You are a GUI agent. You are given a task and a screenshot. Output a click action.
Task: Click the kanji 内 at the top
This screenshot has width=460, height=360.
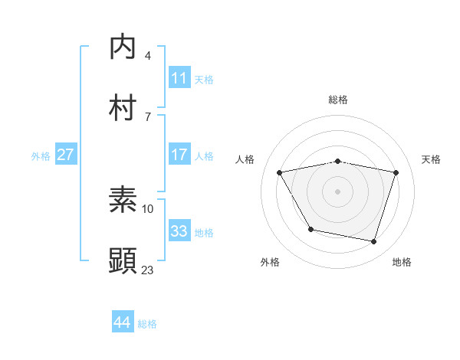point(123,47)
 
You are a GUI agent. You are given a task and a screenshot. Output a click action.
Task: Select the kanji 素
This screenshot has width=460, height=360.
point(123,201)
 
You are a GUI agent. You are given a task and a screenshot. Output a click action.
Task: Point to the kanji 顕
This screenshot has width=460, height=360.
point(123,260)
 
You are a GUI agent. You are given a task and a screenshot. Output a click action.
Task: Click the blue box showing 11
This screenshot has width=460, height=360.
point(179,78)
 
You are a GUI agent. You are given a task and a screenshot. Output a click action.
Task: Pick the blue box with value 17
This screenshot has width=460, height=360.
point(179,155)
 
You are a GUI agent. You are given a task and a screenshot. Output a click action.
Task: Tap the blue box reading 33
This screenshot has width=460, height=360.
point(179,231)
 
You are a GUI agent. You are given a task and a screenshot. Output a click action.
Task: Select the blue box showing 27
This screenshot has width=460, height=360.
point(65,155)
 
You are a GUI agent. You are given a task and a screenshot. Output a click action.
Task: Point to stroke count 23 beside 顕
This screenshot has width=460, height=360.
point(147,270)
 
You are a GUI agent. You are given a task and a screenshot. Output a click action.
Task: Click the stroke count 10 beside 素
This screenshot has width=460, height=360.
point(148,208)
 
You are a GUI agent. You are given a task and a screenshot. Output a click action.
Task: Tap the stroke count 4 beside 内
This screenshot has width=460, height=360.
point(148,55)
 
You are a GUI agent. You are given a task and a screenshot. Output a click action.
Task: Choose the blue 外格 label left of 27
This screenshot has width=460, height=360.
point(41,155)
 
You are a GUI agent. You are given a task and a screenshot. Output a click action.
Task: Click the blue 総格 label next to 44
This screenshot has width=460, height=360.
point(147,323)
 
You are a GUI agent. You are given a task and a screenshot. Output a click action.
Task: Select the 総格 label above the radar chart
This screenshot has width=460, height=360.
point(337,100)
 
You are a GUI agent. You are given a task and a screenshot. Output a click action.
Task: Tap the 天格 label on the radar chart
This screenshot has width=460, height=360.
point(432,159)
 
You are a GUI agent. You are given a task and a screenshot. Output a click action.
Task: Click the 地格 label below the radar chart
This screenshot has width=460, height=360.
point(402,263)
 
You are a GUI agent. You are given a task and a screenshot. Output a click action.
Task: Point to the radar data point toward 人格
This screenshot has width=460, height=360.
point(280,173)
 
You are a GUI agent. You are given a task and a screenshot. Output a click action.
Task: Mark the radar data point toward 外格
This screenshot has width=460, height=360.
point(310,229)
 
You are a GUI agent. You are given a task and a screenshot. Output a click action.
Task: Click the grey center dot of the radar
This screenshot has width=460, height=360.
point(337,191)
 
